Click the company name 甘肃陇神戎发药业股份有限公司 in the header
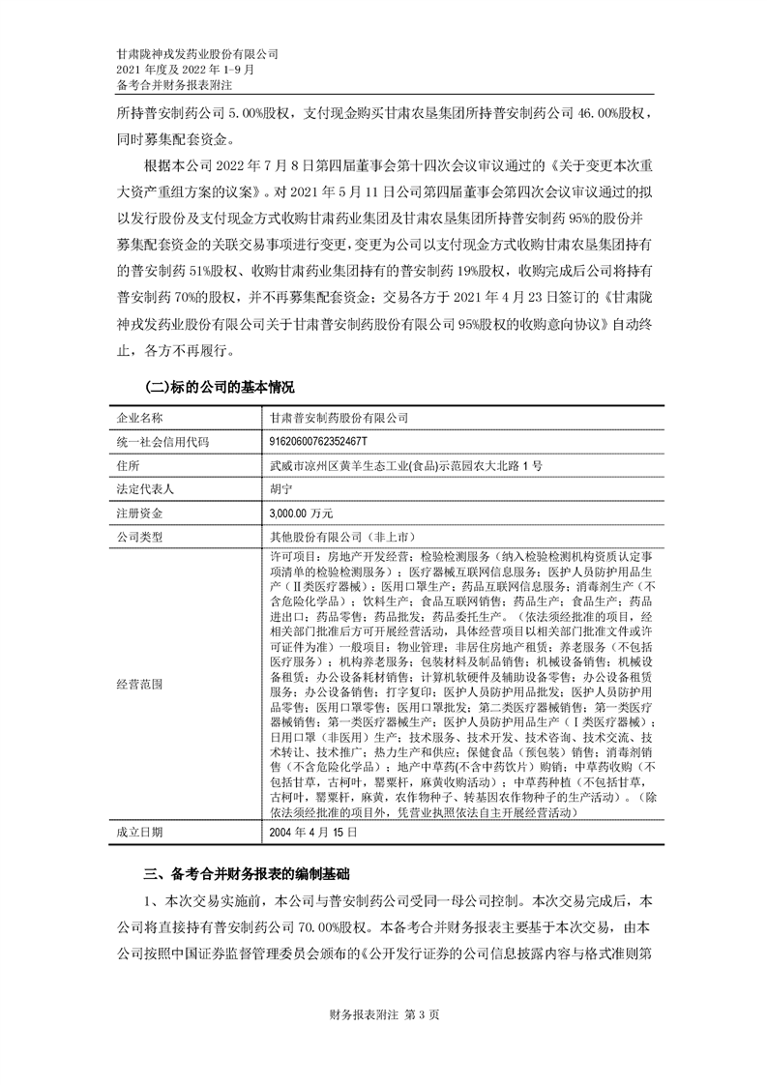(196, 54)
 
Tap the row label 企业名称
(140, 417)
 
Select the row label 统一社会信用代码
(162, 441)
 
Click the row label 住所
(128, 465)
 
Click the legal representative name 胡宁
(281, 489)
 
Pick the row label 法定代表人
(146, 489)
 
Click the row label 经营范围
(140, 683)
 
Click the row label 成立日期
(140, 831)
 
